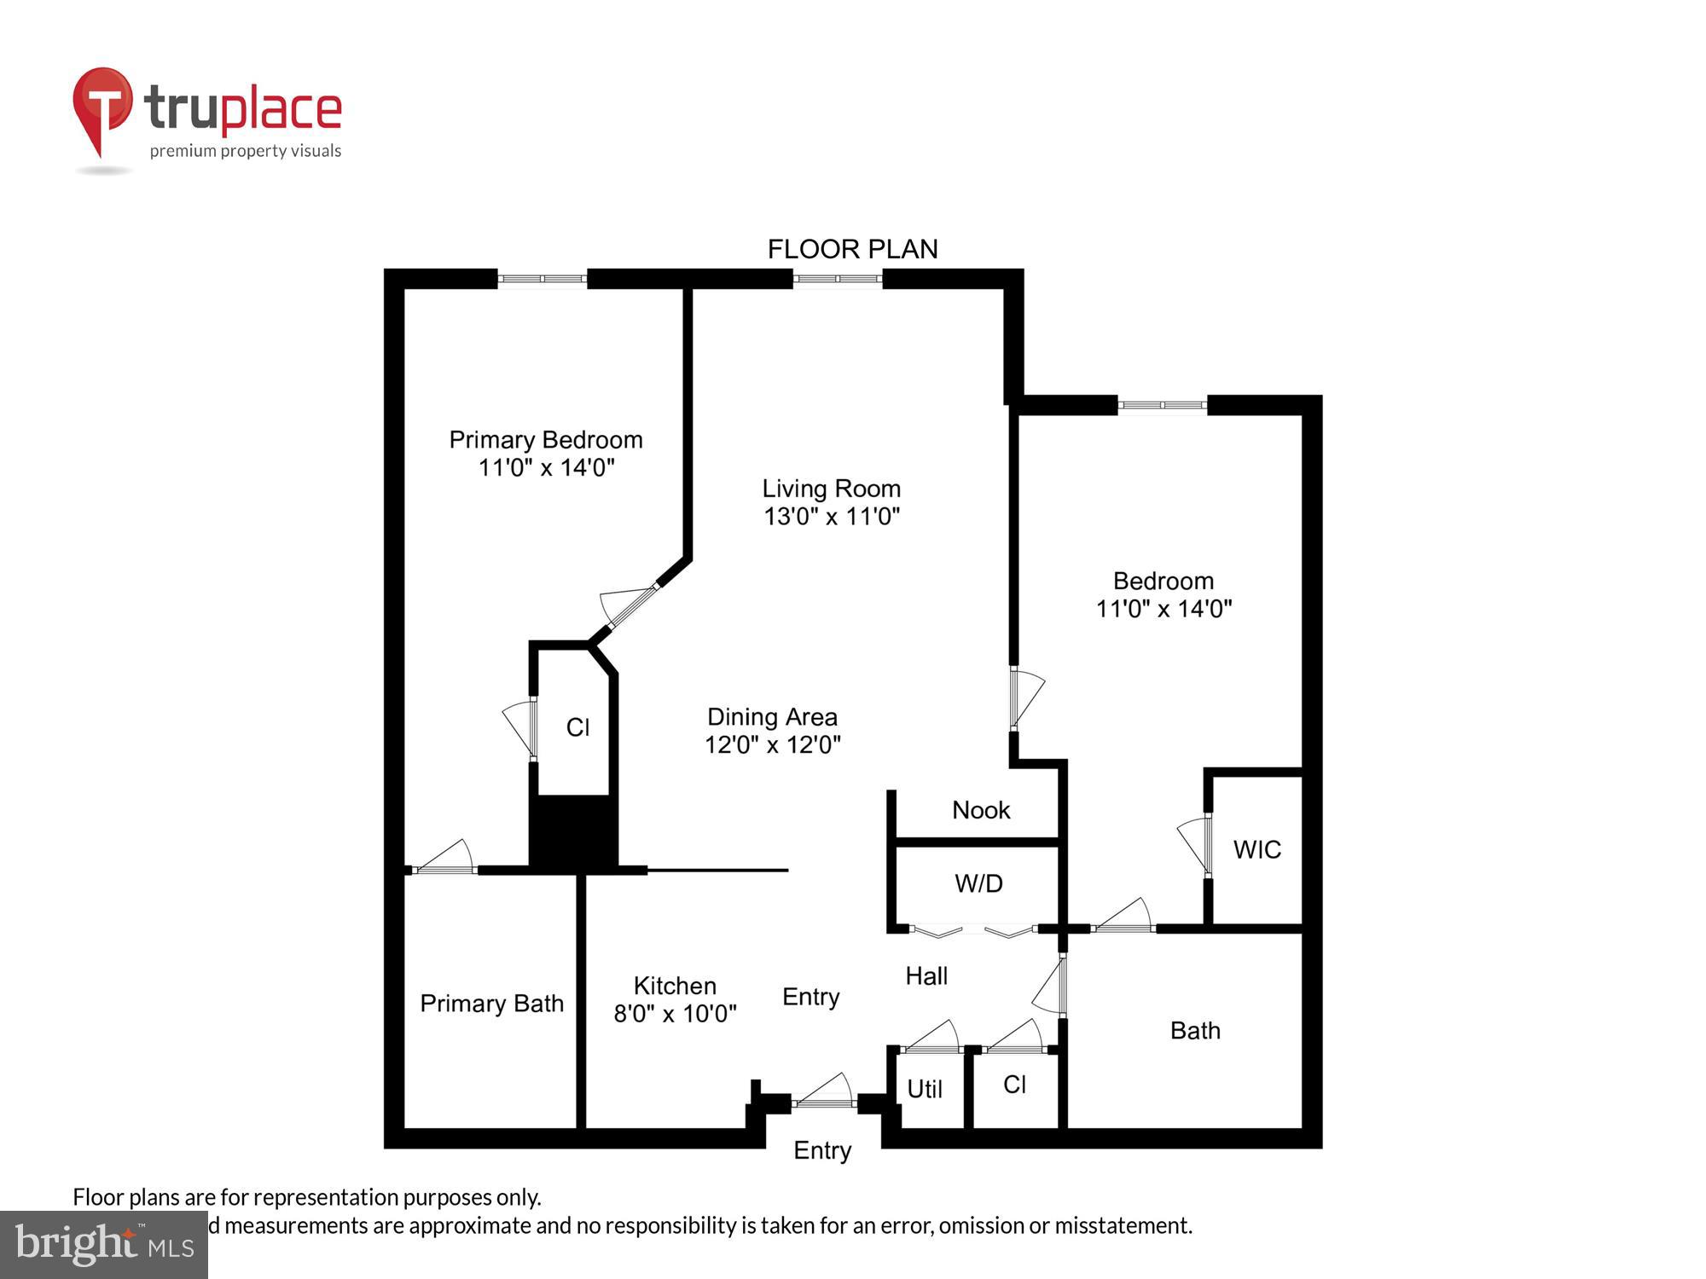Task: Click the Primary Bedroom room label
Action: tap(546, 440)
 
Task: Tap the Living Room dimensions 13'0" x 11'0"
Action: tap(832, 517)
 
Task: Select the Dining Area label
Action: tap(772, 717)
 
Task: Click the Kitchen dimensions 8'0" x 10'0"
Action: tap(675, 1014)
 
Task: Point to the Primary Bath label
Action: tap(492, 1004)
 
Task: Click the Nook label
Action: tap(981, 810)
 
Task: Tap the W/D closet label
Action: tap(978, 884)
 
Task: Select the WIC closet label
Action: tap(1256, 849)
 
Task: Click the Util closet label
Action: tap(925, 1090)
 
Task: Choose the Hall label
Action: tap(926, 975)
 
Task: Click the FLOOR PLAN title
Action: tap(852, 249)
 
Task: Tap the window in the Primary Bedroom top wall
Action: tap(543, 279)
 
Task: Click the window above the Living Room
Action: tap(837, 279)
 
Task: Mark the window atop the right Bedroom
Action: tap(1163, 406)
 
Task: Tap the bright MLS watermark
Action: tap(104, 1245)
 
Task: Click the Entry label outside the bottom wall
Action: tap(822, 1151)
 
